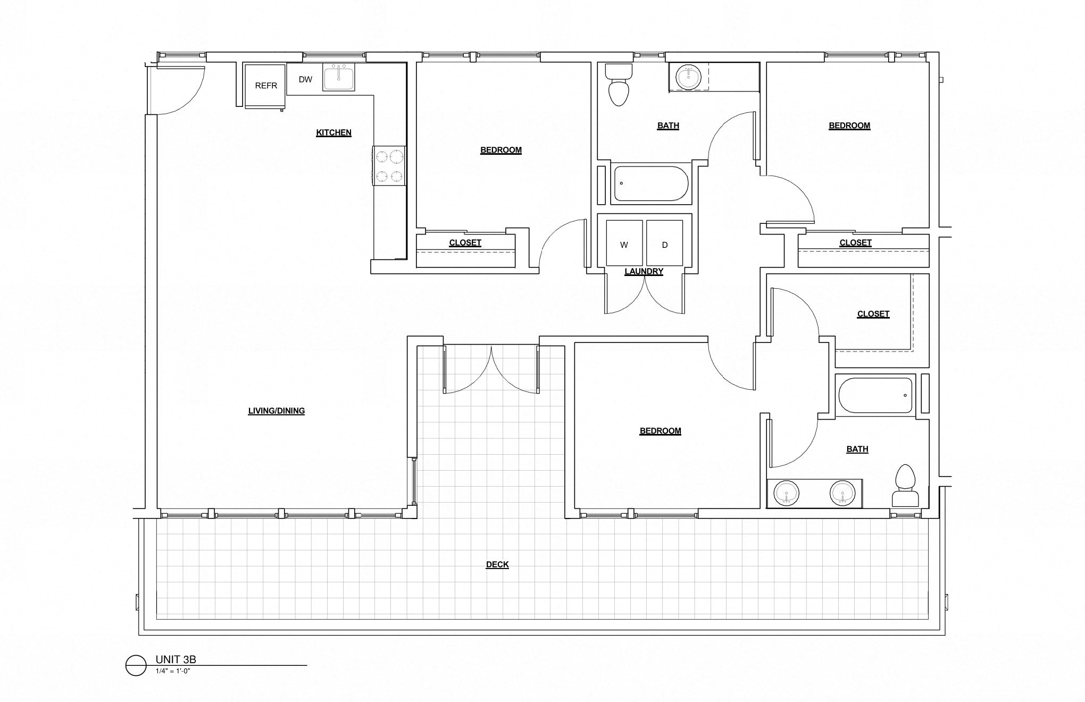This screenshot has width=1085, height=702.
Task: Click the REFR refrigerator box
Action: pos(265,85)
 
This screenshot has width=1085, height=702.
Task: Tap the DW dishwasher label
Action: pos(305,79)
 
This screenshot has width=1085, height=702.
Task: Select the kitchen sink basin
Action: pos(339,78)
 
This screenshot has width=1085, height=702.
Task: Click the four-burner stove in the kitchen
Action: pos(389,166)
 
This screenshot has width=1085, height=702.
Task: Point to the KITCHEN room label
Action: pos(333,132)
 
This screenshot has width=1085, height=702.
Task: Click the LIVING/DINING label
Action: pos(276,411)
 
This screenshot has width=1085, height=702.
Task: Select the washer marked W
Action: pos(624,243)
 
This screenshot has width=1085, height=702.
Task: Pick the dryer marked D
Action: pos(664,243)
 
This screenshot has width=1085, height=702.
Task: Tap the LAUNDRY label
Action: pos(644,271)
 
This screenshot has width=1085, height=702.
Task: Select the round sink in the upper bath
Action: pos(688,77)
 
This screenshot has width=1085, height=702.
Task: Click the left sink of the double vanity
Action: pos(786,493)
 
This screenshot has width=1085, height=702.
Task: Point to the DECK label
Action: pos(497,564)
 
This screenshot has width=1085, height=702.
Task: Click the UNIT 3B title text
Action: pos(176,659)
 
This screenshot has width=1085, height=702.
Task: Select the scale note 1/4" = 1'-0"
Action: pos(173,671)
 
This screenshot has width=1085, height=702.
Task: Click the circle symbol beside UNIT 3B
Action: pos(136,665)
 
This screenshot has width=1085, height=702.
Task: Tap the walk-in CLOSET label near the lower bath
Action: pos(873,314)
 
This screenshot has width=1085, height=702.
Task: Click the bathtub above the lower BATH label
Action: pos(875,395)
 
